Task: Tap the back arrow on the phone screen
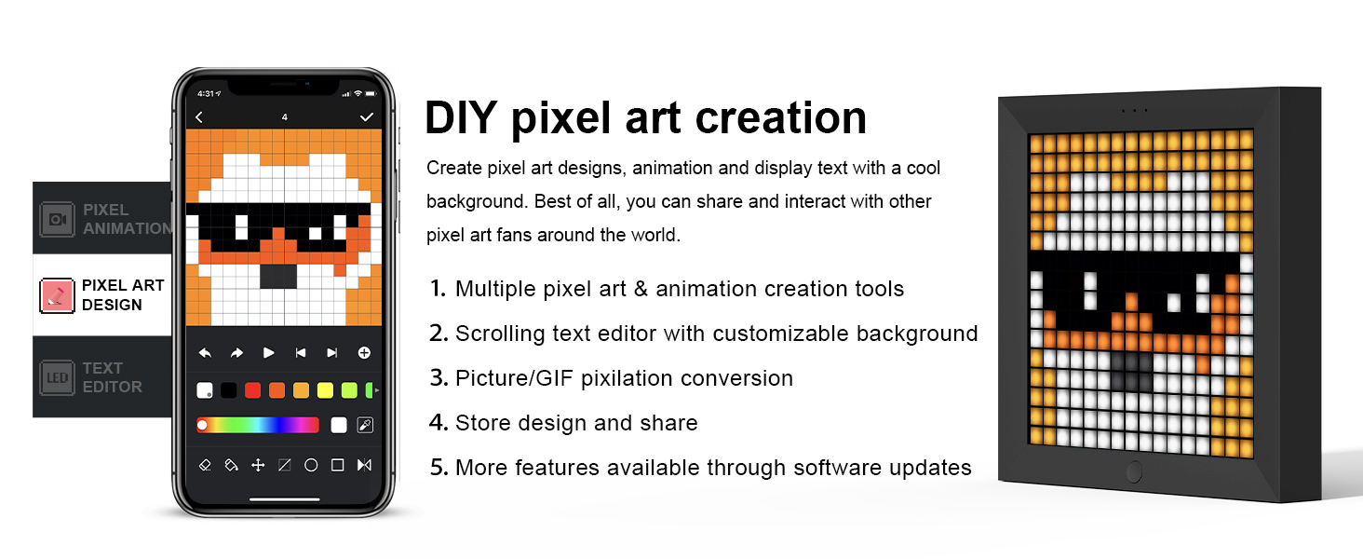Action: click(199, 117)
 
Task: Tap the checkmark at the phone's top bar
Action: click(367, 117)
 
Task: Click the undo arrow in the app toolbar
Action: click(205, 353)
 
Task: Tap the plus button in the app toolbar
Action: click(364, 353)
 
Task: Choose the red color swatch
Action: click(252, 390)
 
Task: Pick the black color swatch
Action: click(229, 390)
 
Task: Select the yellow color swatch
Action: click(325, 390)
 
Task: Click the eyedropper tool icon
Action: click(365, 426)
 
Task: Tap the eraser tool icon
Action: click(206, 465)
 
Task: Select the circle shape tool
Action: click(311, 465)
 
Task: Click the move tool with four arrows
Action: click(258, 465)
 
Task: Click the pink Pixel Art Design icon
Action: click(58, 295)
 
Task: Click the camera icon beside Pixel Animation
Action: click(57, 219)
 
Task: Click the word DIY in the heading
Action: click(460, 118)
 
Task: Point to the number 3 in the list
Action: click(439, 378)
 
